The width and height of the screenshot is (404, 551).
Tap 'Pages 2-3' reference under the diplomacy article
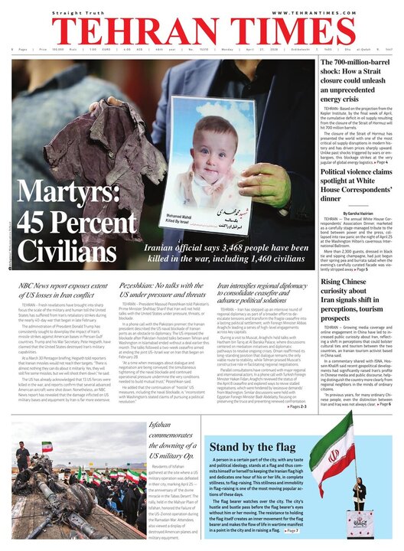tap(298, 407)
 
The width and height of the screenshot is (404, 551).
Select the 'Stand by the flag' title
tap(244, 446)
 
